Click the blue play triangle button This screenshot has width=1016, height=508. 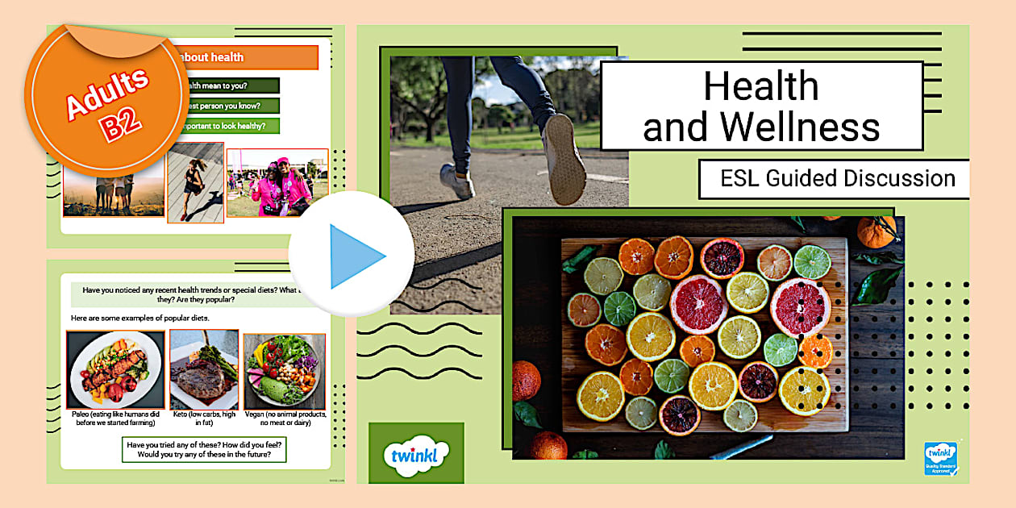tap(356, 256)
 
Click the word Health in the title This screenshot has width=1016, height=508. tap(760, 85)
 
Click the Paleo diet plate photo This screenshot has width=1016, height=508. tap(115, 369)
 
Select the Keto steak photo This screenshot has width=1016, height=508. tap(204, 369)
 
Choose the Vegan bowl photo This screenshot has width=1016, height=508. tap(284, 371)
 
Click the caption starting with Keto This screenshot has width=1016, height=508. tap(204, 418)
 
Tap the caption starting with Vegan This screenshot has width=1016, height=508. tap(285, 418)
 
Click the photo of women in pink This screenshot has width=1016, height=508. tap(277, 183)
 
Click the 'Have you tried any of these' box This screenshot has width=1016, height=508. tap(207, 449)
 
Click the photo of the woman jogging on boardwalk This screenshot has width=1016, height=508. tap(195, 183)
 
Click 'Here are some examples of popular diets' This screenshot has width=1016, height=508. tap(140, 318)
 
